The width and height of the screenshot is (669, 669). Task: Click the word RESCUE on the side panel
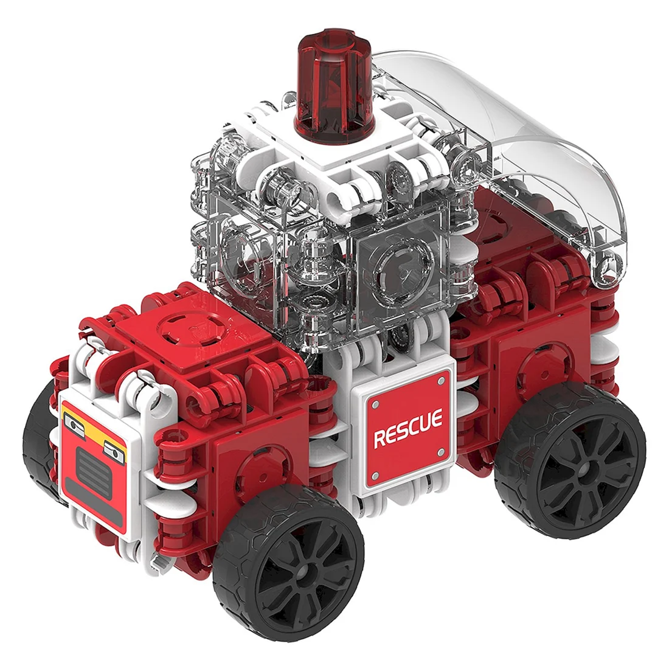point(408,428)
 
